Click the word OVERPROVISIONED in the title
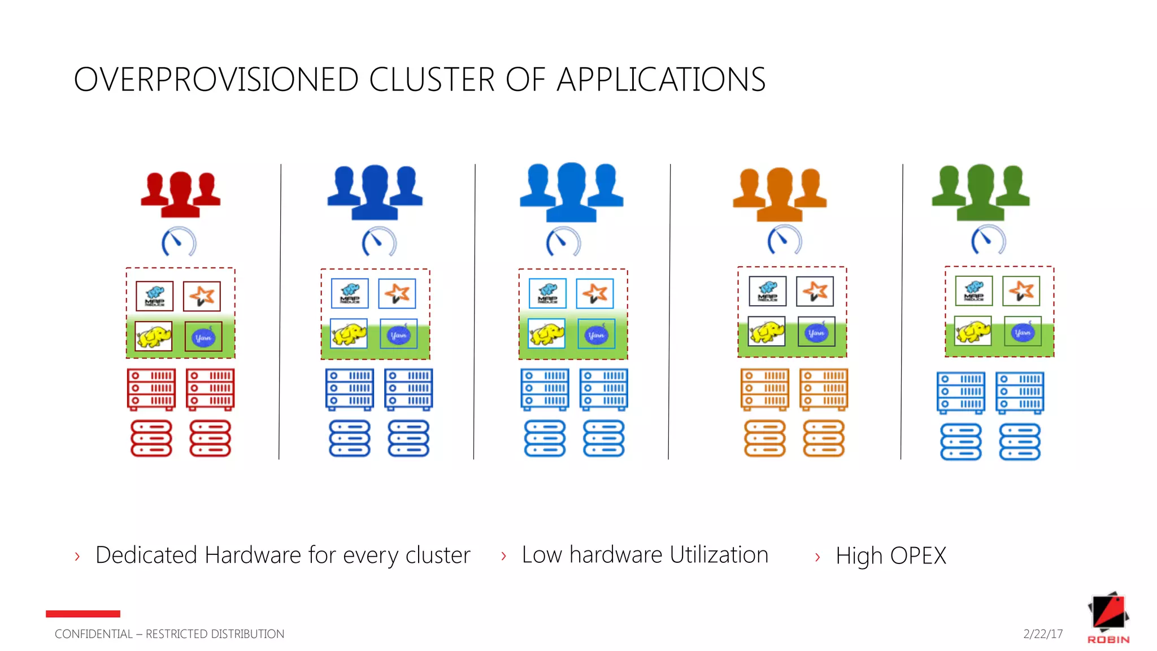(216, 80)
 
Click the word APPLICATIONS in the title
(661, 80)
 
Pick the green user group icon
(981, 192)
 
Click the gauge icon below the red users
(179, 242)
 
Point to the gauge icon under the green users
(988, 240)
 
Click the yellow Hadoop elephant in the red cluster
(154, 337)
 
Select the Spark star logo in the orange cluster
(815, 291)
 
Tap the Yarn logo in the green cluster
(1023, 332)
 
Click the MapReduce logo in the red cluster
(154, 296)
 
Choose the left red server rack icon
(151, 389)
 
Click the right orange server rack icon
(824, 389)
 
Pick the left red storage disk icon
(151, 438)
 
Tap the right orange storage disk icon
(824, 438)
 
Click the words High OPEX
(890, 556)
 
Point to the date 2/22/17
(1043, 634)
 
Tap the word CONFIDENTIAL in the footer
(93, 634)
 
